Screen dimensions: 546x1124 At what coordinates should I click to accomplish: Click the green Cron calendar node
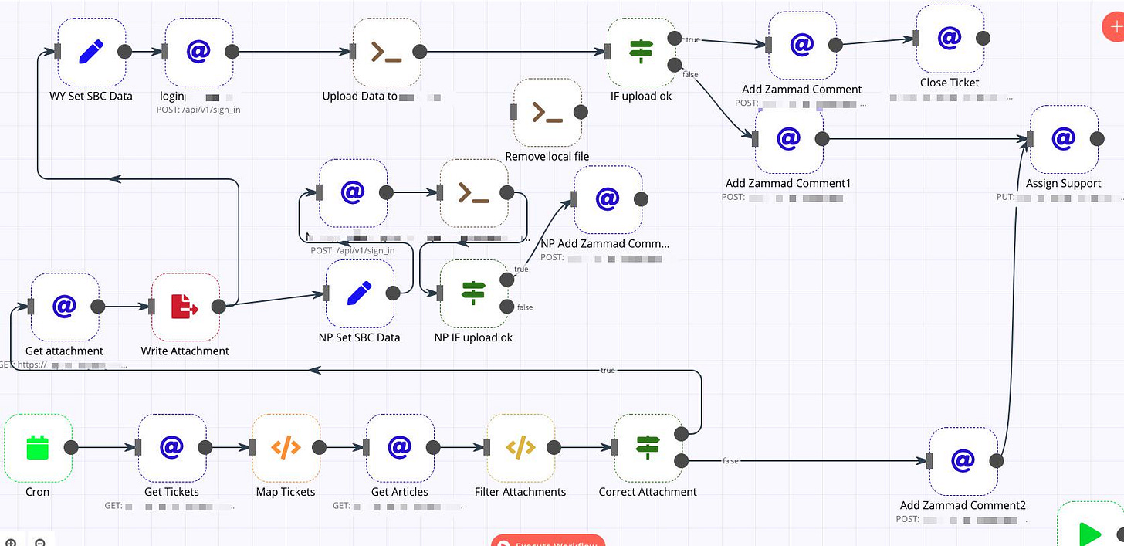[x=38, y=448]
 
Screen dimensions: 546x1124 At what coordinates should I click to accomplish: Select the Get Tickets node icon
[x=171, y=448]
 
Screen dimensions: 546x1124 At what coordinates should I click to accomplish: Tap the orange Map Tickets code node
[x=286, y=448]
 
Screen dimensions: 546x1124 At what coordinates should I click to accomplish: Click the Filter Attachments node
[x=520, y=448]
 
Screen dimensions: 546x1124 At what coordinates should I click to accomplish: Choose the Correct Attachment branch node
[x=647, y=448]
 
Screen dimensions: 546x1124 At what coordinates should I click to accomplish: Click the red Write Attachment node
[x=185, y=307]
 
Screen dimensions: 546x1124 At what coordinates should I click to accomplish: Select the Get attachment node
[x=64, y=307]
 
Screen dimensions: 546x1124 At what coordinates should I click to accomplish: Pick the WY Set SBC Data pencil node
[x=91, y=52]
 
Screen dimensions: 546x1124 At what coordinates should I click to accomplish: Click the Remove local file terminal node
[x=547, y=112]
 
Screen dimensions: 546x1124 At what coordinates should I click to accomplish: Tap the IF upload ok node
[x=641, y=52]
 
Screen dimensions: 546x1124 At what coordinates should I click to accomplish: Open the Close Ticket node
[x=950, y=38]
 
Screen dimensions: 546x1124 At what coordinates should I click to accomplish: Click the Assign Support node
[x=1063, y=139]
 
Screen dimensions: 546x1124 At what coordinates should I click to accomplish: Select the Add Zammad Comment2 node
[x=963, y=461]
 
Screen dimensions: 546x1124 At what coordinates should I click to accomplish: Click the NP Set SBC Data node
[x=359, y=293]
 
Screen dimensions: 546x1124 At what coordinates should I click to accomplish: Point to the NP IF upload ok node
[x=473, y=293]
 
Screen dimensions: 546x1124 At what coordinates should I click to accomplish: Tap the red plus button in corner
[x=1114, y=26]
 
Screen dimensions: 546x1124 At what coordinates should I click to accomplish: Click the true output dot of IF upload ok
[x=674, y=38]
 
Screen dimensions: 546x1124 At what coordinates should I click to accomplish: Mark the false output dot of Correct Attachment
[x=681, y=461]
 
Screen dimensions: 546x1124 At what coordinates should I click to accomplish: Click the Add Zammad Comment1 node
[x=788, y=139]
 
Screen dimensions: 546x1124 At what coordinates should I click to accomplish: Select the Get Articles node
[x=399, y=448]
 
